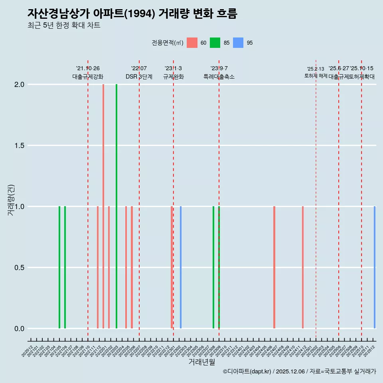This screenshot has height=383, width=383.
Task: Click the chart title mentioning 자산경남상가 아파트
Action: [x=132, y=14]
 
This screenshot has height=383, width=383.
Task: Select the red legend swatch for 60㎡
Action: [x=192, y=43]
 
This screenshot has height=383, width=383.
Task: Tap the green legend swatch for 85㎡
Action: [x=215, y=43]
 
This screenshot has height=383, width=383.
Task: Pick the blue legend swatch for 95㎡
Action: [x=238, y=43]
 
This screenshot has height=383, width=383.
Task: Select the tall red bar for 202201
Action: [x=103, y=206]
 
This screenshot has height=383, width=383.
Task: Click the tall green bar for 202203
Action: [x=116, y=206]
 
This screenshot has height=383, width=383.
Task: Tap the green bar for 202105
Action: [x=59, y=267]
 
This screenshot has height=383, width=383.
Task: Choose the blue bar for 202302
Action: [x=181, y=267]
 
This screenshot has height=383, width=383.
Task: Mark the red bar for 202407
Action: [x=274, y=267]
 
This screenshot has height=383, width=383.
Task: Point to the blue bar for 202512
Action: [x=375, y=267]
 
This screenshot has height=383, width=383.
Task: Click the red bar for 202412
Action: [x=303, y=267]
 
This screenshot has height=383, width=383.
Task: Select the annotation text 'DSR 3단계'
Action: [x=139, y=77]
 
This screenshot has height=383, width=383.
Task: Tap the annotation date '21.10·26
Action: [x=88, y=68]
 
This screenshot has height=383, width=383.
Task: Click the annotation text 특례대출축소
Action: [x=219, y=77]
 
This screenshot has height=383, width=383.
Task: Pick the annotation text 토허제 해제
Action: [x=316, y=76]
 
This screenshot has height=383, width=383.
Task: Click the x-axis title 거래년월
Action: [x=201, y=362]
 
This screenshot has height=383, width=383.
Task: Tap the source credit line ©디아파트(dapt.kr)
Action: [x=299, y=371]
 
